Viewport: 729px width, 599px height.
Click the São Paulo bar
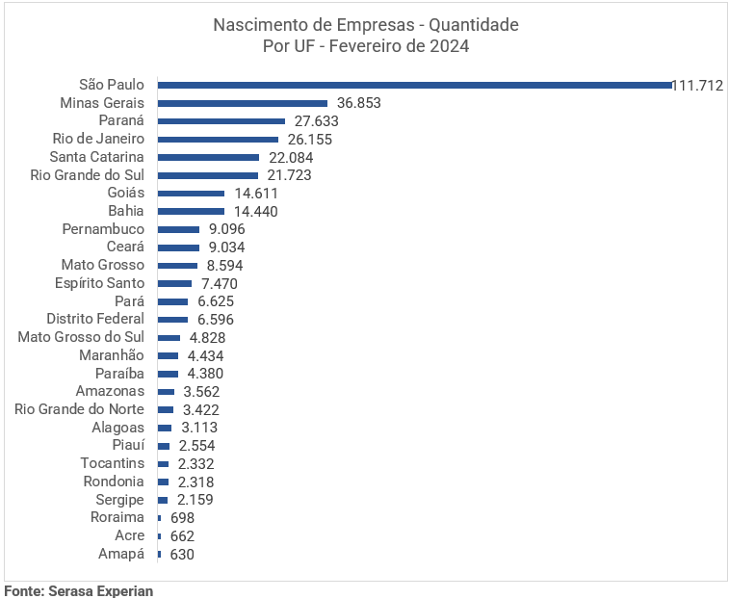(414, 85)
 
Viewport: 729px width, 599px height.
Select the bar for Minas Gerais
(243, 103)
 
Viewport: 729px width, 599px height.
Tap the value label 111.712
(697, 85)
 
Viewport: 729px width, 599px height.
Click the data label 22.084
(292, 157)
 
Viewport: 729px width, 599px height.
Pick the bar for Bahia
(191, 211)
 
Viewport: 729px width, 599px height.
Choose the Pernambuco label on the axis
(103, 229)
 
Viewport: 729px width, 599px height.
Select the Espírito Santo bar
(174, 283)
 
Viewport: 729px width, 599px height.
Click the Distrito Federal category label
(95, 319)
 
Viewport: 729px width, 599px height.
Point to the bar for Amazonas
(166, 391)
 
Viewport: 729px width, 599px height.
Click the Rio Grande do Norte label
(79, 409)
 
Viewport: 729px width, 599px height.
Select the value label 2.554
(197, 445)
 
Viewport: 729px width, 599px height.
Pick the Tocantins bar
(163, 463)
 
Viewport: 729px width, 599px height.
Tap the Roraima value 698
(182, 517)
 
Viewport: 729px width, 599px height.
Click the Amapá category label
(121, 554)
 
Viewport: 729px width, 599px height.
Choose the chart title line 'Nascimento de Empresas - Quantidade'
(365, 25)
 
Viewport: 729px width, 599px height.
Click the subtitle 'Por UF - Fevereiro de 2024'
(365, 46)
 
